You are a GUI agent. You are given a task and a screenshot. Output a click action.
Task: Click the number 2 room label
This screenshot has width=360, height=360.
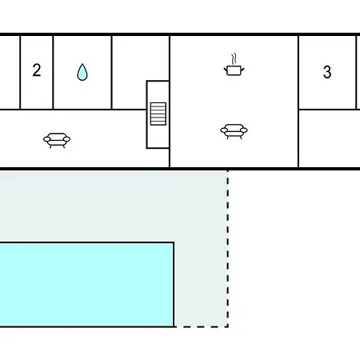tap(37, 70)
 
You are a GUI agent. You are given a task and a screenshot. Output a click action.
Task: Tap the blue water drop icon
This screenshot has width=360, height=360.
tap(82, 72)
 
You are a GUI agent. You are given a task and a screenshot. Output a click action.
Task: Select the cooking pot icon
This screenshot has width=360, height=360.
tap(234, 70)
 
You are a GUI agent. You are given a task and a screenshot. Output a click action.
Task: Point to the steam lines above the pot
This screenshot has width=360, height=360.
tap(234, 58)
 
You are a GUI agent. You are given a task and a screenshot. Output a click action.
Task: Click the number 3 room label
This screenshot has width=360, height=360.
tap(327, 72)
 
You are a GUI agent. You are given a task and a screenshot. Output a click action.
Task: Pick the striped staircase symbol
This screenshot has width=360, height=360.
tap(158, 114)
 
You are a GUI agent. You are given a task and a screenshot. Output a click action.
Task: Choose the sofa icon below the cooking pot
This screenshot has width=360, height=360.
tap(234, 131)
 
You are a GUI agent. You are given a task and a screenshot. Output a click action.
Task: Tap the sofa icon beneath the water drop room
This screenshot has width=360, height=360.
tap(57, 140)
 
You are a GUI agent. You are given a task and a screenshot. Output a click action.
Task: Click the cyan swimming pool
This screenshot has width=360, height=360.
tap(87, 284)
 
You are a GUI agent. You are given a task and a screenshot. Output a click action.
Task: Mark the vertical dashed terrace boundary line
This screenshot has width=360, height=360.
tap(227, 248)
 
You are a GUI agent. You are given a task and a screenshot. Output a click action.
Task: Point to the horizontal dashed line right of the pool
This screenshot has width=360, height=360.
tap(202, 326)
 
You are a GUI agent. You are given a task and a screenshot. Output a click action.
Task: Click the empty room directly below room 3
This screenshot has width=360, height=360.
tap(330, 138)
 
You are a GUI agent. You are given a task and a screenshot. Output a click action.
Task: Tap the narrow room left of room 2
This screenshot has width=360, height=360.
tap(10, 72)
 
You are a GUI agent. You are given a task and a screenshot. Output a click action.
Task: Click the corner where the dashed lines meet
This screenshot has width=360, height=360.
tap(227, 326)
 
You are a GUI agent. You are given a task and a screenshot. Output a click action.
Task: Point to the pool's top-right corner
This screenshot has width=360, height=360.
tap(174, 242)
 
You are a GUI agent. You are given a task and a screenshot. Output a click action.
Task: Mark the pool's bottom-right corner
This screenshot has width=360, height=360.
tap(174, 326)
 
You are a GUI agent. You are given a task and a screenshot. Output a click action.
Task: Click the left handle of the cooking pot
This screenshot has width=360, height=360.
tap(226, 70)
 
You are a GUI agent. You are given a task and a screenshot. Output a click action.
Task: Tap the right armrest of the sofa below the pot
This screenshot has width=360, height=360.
tap(244, 130)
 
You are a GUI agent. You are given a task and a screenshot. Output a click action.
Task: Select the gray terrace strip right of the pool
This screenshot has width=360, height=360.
tap(201, 284)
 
